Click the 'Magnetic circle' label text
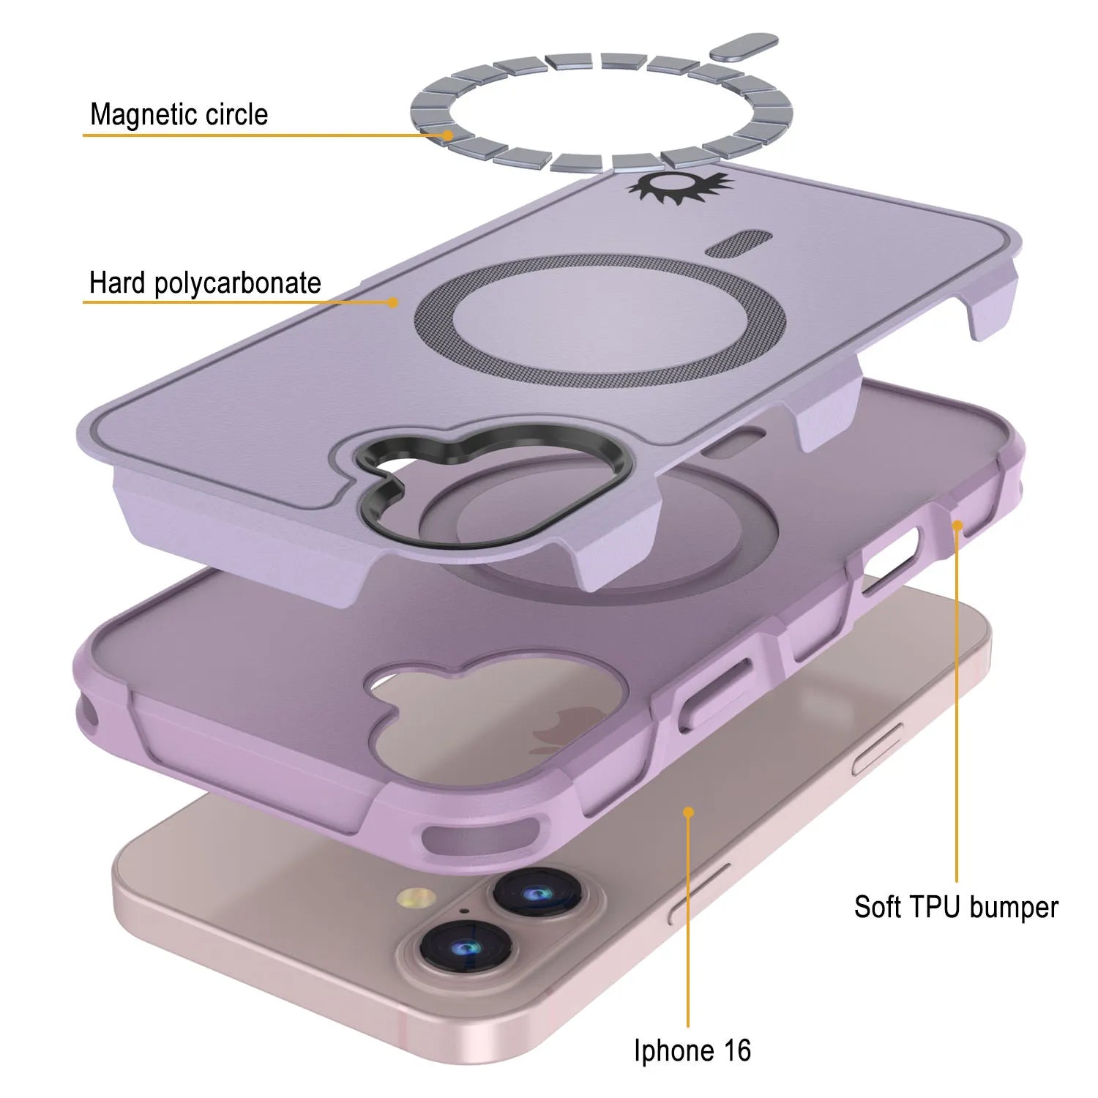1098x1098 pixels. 179,115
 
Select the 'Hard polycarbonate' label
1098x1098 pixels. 205,283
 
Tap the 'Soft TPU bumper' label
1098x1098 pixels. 956,907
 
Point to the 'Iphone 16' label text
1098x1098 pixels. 692,1050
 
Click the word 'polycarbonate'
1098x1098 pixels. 238,284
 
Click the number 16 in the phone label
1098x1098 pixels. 736,1050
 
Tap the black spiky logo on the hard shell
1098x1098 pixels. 679,186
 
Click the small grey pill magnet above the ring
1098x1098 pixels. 745,47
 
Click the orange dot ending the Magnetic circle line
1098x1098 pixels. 447,135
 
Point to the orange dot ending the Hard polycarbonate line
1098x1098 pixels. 394,302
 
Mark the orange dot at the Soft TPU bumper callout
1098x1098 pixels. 957,525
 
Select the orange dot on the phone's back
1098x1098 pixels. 688,812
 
